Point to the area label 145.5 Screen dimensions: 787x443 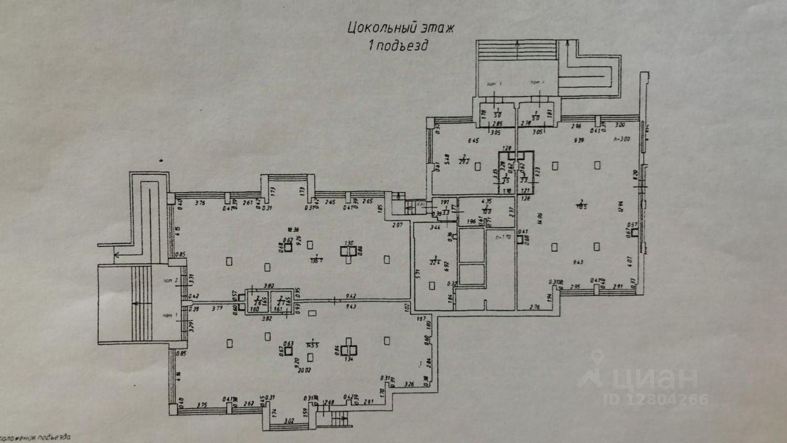tap(314, 345)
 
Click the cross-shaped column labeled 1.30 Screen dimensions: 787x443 tap(349, 250)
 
